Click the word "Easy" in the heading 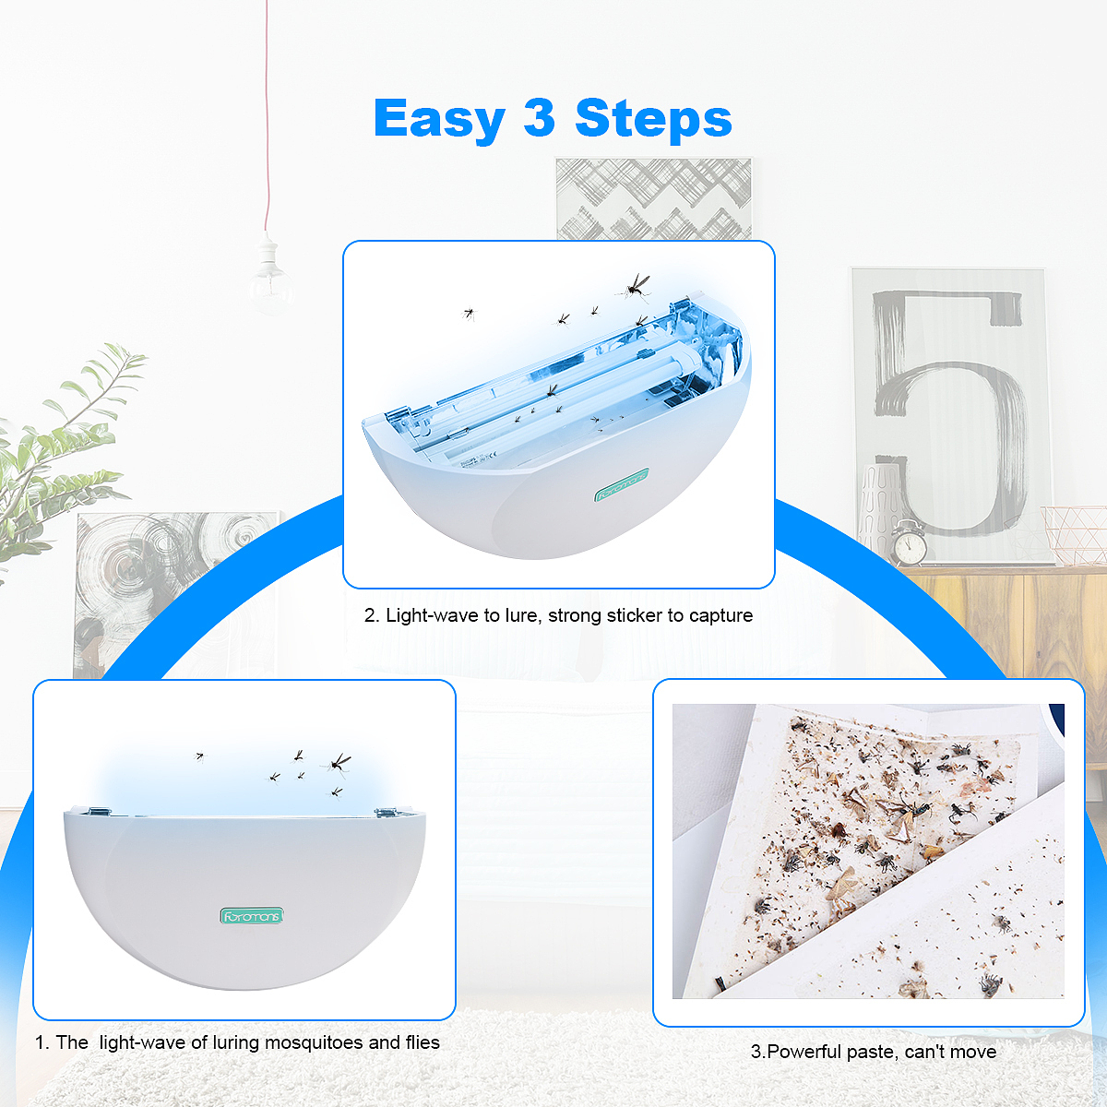tap(439, 119)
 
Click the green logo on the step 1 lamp tap(252, 916)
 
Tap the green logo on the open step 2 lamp tap(622, 484)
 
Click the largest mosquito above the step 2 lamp tap(635, 287)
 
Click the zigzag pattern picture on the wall tap(654, 198)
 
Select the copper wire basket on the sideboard tap(1073, 534)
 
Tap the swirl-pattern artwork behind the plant tap(173, 595)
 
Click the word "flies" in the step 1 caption tap(423, 1042)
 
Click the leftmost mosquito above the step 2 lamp tap(470, 313)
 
